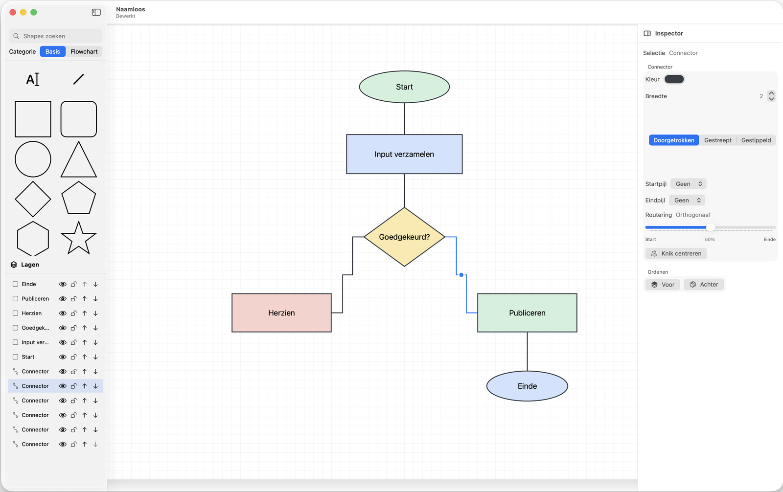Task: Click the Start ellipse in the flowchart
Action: pyautogui.click(x=404, y=87)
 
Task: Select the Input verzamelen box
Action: pyautogui.click(x=404, y=154)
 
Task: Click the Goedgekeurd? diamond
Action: pyautogui.click(x=404, y=237)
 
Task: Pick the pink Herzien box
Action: pyautogui.click(x=281, y=313)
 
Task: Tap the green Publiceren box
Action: pyautogui.click(x=527, y=313)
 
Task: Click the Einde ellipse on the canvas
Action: pyautogui.click(x=527, y=386)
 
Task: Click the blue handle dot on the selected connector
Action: pyautogui.click(x=461, y=275)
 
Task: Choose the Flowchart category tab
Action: pyautogui.click(x=84, y=51)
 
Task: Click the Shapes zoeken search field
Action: pyautogui.click(x=56, y=36)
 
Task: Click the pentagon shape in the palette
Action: pyautogui.click(x=78, y=198)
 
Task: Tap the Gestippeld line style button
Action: pyautogui.click(x=756, y=140)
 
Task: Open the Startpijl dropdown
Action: pyautogui.click(x=688, y=184)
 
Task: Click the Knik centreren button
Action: pyautogui.click(x=676, y=253)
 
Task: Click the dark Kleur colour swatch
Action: pyautogui.click(x=674, y=79)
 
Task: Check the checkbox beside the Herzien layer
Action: pyautogui.click(x=15, y=313)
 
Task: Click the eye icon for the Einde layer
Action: pyautogui.click(x=63, y=284)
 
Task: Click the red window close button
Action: pyautogui.click(x=13, y=12)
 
